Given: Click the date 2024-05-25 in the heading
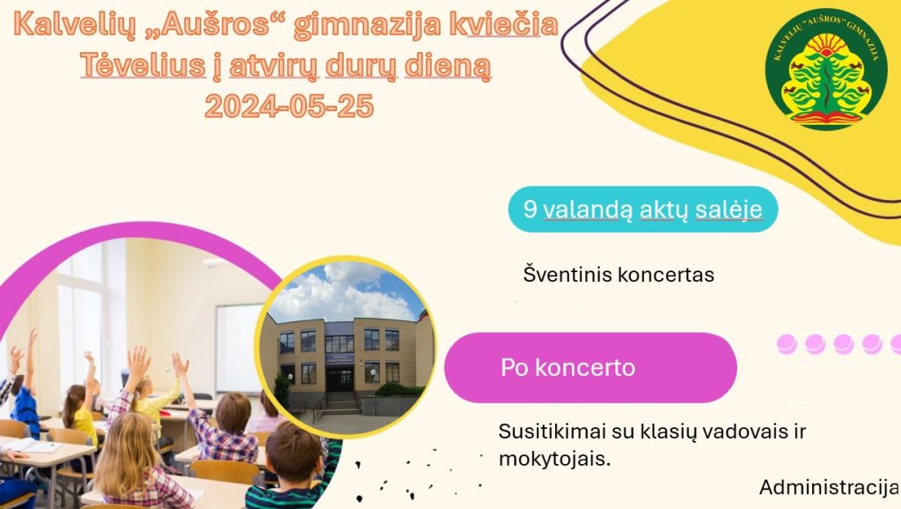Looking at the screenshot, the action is (289, 106).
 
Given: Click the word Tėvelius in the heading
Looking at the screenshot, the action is (143, 65).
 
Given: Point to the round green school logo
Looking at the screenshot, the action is (826, 69).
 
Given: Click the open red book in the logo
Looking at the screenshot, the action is (826, 119).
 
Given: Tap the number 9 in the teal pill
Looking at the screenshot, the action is (530, 209).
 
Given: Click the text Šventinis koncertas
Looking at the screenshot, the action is (619, 275).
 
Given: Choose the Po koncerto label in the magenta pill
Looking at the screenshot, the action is (568, 367).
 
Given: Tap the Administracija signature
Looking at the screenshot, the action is (829, 487).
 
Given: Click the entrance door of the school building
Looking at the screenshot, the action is (341, 380).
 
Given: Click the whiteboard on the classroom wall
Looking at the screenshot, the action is (238, 348).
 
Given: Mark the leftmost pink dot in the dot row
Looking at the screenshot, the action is (786, 344).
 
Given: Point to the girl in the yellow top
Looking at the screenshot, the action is (79, 414).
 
